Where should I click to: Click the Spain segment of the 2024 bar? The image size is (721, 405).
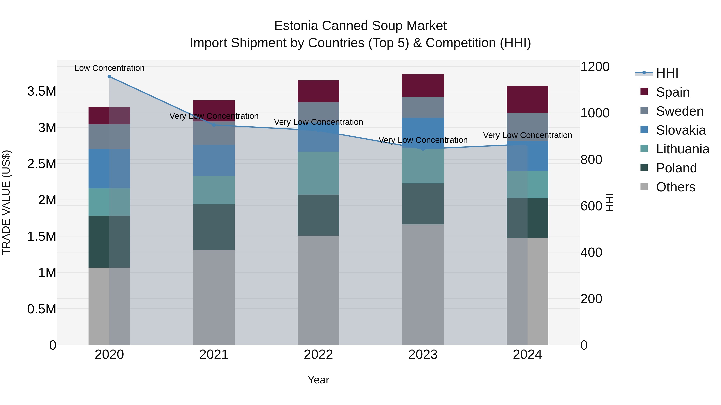527,100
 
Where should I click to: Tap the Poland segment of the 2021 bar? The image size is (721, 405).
214,227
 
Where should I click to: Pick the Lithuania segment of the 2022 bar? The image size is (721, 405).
318,173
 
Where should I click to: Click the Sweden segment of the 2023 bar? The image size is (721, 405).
423,107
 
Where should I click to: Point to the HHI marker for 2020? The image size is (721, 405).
109,77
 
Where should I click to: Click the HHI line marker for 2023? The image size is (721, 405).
423,149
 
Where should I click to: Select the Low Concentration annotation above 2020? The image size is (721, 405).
109,68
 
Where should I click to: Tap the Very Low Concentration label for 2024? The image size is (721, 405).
527,135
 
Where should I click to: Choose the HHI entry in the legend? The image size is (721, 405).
667,73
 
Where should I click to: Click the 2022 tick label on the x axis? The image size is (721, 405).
318,355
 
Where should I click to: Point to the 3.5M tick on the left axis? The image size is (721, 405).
41,91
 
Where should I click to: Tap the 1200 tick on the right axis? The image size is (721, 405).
595,67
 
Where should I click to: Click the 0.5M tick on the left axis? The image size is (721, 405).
41,309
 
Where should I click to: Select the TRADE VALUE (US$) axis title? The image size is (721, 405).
6,202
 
